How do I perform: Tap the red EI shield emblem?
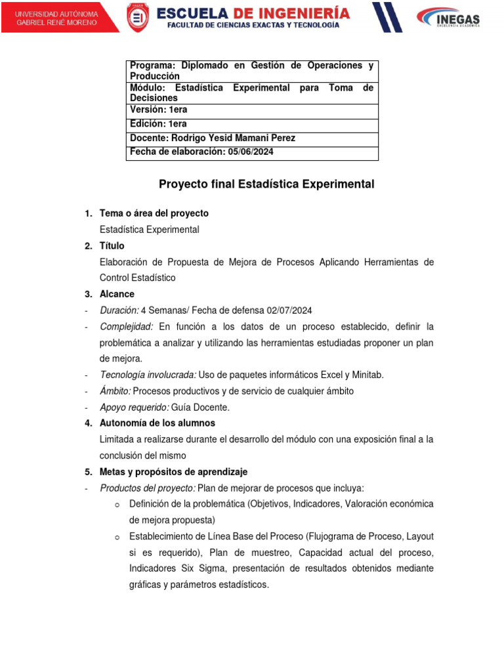click(137, 18)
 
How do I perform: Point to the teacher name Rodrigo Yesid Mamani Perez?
click(232, 138)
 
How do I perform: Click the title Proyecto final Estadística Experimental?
click(266, 184)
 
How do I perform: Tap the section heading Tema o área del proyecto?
click(154, 213)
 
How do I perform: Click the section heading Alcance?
click(117, 294)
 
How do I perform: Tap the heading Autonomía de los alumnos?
click(157, 423)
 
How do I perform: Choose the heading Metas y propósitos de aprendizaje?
click(173, 472)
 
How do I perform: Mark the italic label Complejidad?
click(126, 326)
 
